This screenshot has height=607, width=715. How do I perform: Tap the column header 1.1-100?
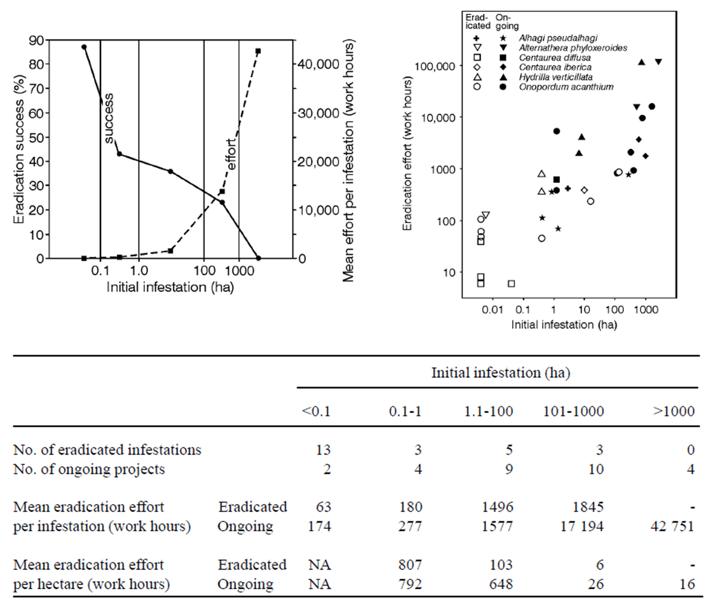coord(488,411)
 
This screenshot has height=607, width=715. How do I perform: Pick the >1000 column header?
coord(674,411)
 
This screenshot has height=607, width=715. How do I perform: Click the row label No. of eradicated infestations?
coord(107,450)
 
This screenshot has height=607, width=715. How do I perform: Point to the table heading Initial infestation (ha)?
coord(500,373)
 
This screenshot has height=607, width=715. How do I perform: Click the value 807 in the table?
coord(410,565)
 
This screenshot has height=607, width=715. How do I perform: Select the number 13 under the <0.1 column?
coord(323,450)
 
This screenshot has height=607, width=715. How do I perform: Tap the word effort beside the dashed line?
coord(231,155)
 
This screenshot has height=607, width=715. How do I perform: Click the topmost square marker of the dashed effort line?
coord(258,51)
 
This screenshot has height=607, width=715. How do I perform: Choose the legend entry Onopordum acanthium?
coord(566,87)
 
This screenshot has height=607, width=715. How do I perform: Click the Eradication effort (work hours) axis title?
coord(407,154)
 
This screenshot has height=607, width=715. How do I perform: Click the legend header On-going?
coord(507,22)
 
